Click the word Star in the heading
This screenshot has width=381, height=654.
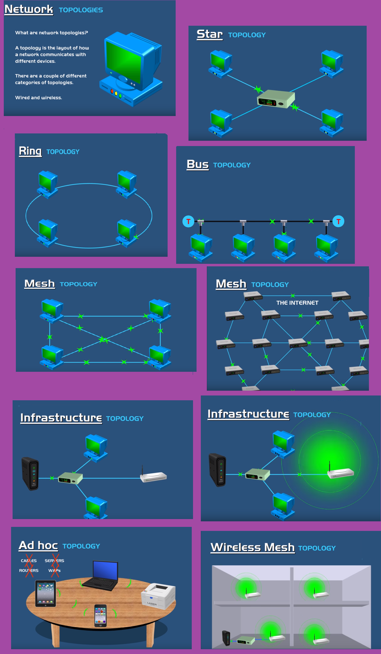[x=209, y=34]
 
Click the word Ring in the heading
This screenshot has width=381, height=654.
[x=30, y=151]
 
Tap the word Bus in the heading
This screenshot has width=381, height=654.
[x=197, y=164]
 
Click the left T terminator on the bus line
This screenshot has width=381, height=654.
[x=188, y=221]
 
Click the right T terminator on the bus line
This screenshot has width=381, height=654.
[x=338, y=221]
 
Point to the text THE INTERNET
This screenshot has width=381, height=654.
[x=297, y=303]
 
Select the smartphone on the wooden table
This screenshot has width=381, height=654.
[x=100, y=615]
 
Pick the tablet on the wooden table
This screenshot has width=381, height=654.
[x=46, y=593]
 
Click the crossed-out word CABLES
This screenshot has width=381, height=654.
[x=29, y=561]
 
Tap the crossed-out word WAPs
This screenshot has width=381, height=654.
[x=54, y=571]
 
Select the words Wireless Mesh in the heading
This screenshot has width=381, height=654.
[x=253, y=547]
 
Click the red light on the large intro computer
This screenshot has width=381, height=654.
[x=112, y=91]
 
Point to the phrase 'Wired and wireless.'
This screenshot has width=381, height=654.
[x=39, y=98]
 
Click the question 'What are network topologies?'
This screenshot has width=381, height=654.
[x=51, y=33]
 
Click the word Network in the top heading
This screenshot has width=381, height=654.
[x=29, y=9]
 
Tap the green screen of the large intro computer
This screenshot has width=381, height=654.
[x=123, y=62]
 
